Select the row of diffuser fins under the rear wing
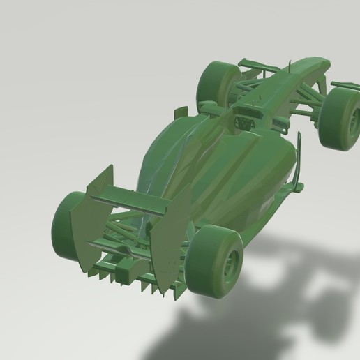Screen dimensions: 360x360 pyautogui.click(x=126, y=276)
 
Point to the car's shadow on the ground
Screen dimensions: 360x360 pyautogui.click(x=279, y=279)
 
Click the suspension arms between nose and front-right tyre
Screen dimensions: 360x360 pyautogui.click(x=307, y=105)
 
